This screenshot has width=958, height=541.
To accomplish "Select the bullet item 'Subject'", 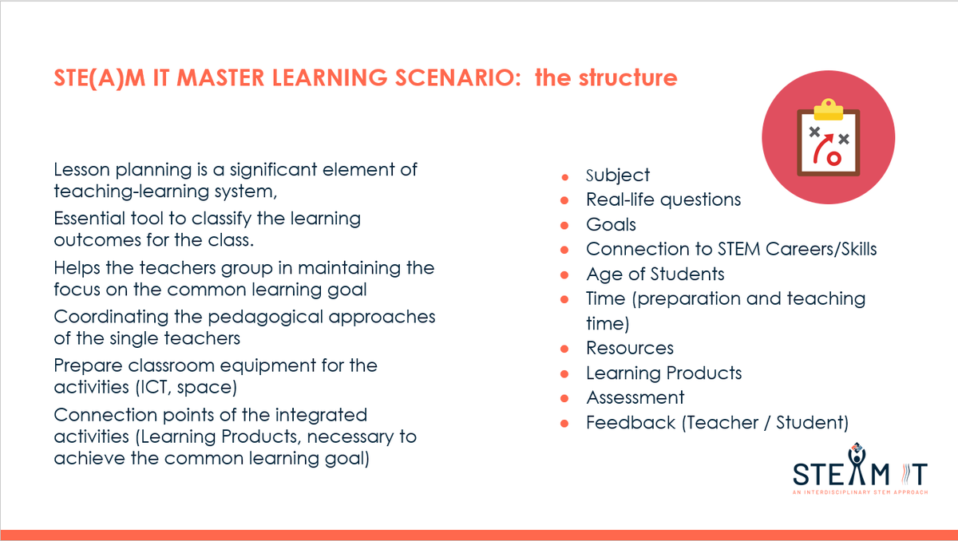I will [618, 176].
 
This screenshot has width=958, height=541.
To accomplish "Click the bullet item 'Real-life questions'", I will [663, 199].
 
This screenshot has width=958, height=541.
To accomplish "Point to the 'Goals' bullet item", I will [611, 224].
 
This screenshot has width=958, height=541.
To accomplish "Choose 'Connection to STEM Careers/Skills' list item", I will [731, 249].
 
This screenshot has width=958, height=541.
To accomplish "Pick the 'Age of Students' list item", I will [655, 274].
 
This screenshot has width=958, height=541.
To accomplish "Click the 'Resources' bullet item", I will [630, 348].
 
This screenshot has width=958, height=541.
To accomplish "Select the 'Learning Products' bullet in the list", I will [663, 373].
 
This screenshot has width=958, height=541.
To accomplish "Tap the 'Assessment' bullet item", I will [635, 397].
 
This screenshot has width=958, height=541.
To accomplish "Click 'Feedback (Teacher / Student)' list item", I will [717, 422].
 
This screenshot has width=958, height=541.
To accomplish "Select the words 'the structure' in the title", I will [606, 79].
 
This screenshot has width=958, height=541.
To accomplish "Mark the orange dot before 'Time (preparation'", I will [565, 299].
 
